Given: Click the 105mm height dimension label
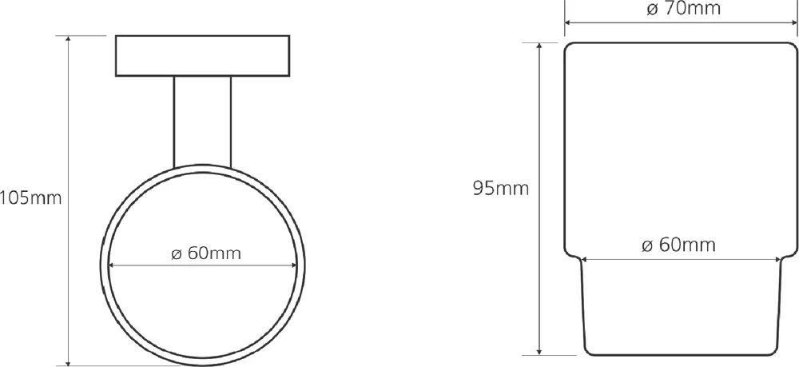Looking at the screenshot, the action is tap(30, 197).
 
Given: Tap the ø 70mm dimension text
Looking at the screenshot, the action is tap(683, 9).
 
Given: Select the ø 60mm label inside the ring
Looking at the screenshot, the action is tap(206, 253).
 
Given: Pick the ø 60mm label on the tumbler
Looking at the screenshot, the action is tap(678, 245).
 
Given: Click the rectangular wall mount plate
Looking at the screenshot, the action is tap(202, 56).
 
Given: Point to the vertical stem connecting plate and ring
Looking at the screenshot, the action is tap(202, 122).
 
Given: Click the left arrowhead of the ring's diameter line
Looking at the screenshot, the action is tap(112, 265).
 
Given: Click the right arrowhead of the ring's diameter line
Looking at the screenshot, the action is tap(293, 265).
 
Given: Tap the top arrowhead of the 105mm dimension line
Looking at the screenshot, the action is tap(68, 40).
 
